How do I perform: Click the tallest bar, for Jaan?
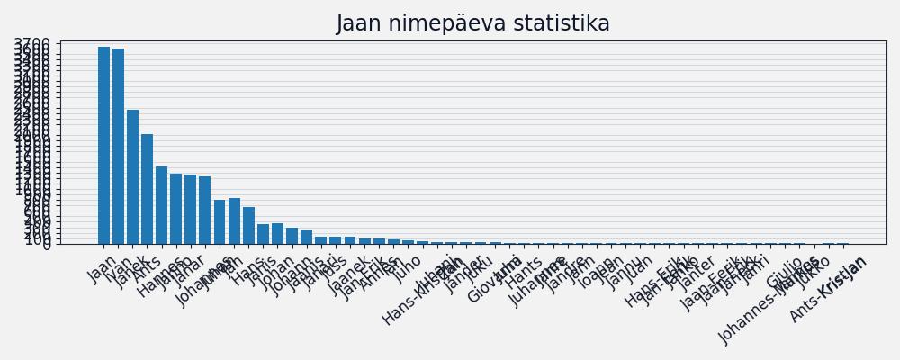[103, 144]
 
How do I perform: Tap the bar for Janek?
[132, 176]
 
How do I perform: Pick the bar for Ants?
[147, 188]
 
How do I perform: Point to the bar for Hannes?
[161, 204]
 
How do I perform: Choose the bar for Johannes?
[220, 221]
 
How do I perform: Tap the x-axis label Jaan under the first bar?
[103, 268]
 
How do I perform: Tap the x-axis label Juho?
[408, 268]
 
